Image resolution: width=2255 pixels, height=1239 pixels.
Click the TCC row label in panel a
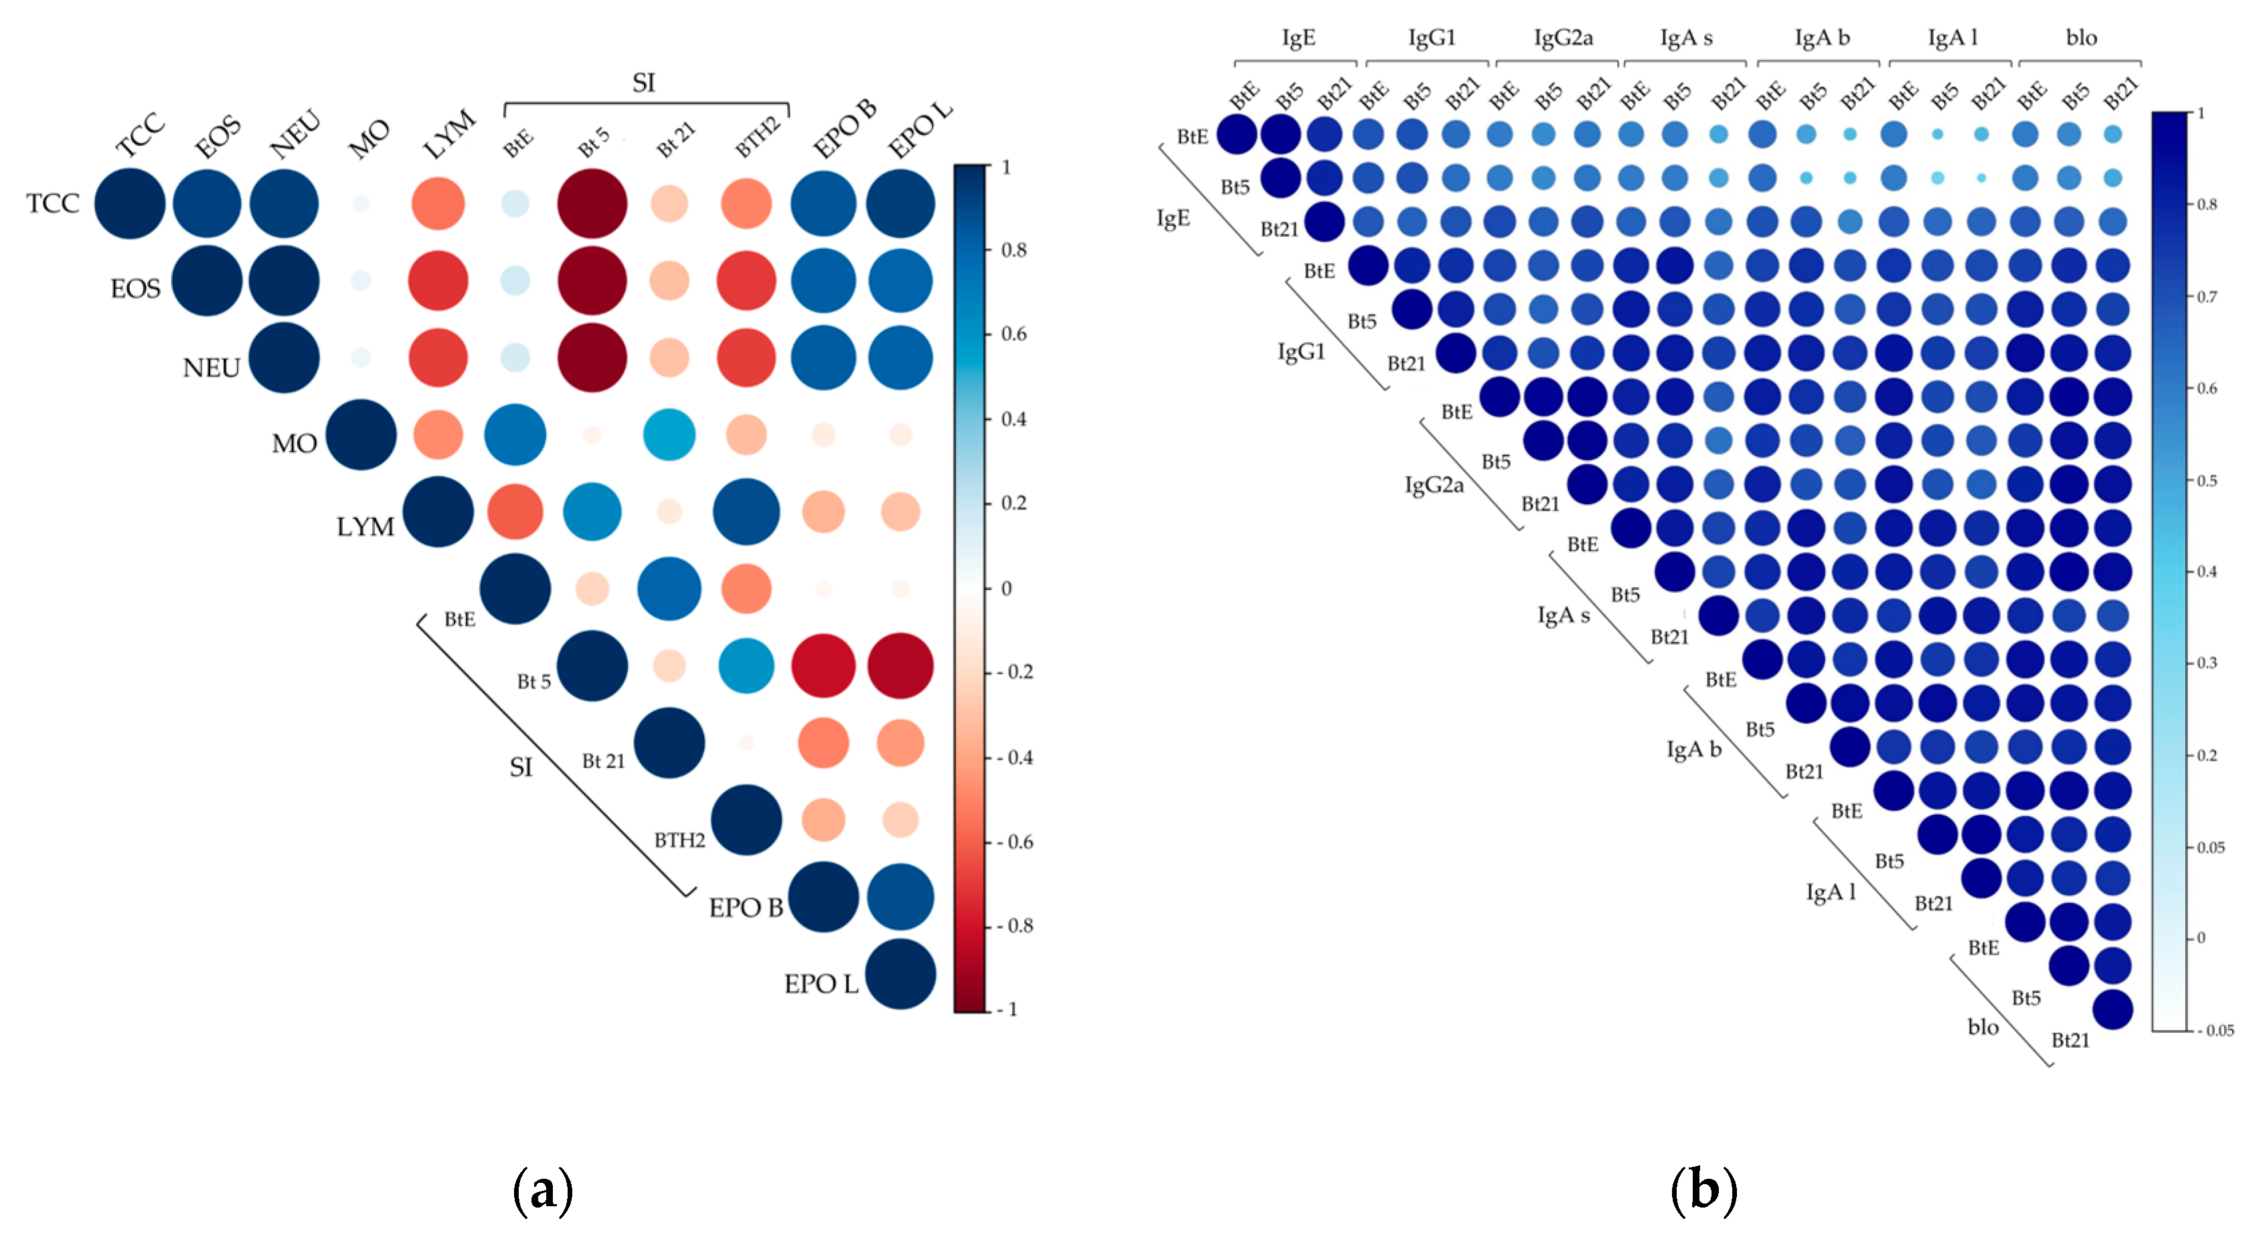click(x=52, y=204)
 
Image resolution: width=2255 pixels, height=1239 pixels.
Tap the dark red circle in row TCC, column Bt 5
click(x=592, y=204)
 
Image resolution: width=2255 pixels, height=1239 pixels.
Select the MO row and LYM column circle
click(x=438, y=435)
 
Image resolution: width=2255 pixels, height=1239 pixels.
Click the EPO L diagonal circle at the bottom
click(x=900, y=974)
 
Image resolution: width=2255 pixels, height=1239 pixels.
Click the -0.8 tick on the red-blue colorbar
click(x=1017, y=926)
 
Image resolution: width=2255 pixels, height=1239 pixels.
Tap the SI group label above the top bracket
click(x=643, y=83)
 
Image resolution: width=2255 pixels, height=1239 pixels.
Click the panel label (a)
click(x=543, y=1190)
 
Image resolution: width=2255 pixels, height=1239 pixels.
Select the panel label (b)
click(x=1703, y=1190)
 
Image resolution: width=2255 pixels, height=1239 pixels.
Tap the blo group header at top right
click(x=2081, y=37)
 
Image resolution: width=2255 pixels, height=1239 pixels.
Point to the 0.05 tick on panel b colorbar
click(x=2211, y=847)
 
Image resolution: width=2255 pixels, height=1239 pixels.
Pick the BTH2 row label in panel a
click(x=679, y=840)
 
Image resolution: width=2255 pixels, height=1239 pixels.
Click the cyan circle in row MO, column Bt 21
click(x=669, y=435)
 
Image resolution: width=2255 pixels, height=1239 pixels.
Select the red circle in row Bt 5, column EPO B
click(x=823, y=666)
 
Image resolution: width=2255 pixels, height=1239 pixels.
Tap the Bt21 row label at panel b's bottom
click(x=2070, y=1040)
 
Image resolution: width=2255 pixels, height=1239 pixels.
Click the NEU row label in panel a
click(x=211, y=367)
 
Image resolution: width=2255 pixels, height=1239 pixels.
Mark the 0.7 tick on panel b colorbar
click(x=2207, y=296)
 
